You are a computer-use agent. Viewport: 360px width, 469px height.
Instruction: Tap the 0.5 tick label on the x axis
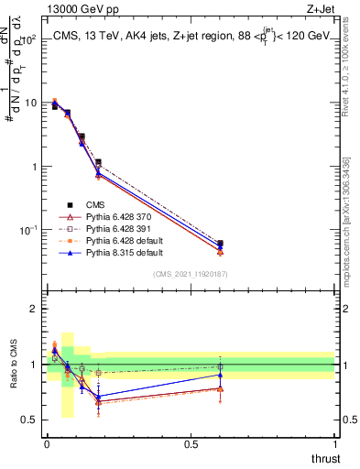(x=191, y=444)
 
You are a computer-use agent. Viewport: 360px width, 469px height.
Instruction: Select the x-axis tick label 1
(x=335, y=444)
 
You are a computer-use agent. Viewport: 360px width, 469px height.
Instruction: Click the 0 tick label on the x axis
(x=47, y=444)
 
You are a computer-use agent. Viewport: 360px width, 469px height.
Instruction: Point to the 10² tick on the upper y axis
(x=33, y=39)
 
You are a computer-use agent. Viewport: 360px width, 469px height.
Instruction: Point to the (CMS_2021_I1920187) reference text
(x=191, y=273)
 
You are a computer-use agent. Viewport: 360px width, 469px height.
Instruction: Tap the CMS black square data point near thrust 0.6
(x=220, y=244)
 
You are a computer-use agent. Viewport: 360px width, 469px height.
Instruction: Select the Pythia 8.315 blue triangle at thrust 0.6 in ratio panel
(x=220, y=374)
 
